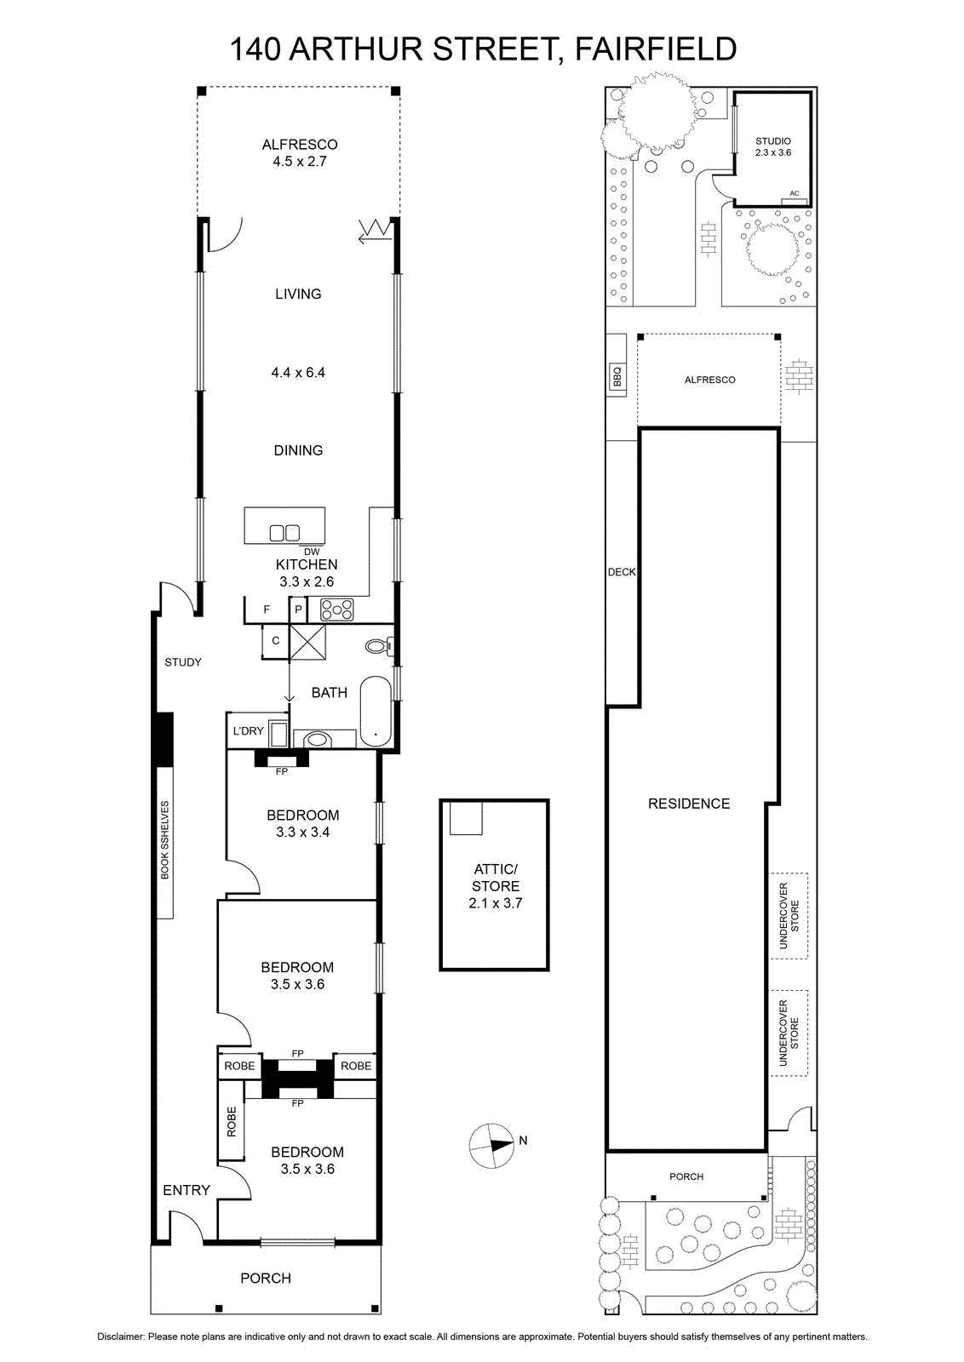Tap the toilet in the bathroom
(x=380, y=646)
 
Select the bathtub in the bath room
(x=376, y=711)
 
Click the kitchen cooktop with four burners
(x=336, y=609)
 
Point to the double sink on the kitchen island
(x=284, y=533)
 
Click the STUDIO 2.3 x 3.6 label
(x=773, y=147)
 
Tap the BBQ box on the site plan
(x=617, y=375)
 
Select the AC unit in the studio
(x=795, y=199)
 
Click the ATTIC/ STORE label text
(x=495, y=878)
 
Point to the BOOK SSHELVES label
(x=165, y=839)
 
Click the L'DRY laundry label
(x=248, y=731)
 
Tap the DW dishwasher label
(x=312, y=552)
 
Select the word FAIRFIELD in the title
(x=655, y=49)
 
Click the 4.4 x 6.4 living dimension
(x=298, y=372)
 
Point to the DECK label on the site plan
(x=622, y=572)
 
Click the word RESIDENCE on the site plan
(x=688, y=804)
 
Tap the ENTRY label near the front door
(x=186, y=1190)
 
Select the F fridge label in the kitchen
(x=267, y=609)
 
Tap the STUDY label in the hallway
(x=182, y=662)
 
